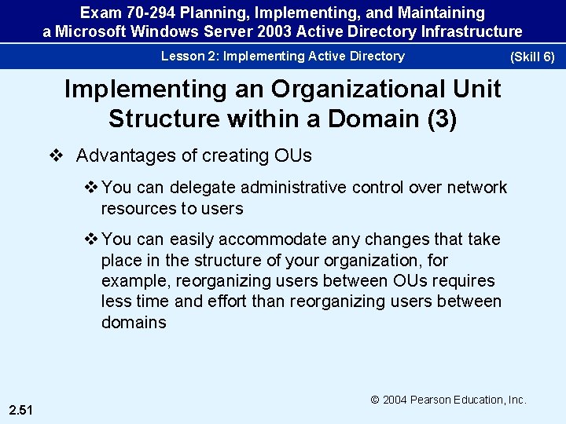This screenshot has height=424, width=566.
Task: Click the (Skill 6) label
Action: click(x=532, y=57)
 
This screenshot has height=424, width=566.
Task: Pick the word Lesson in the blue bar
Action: click(x=182, y=56)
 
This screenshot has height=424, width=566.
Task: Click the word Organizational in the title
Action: click(x=337, y=89)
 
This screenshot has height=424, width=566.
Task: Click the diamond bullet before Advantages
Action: click(x=55, y=155)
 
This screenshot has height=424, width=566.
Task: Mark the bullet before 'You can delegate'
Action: click(x=91, y=188)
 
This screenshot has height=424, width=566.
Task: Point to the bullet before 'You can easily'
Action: click(x=91, y=239)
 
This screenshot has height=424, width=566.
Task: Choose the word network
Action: click(x=476, y=188)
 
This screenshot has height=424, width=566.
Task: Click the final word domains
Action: click(x=134, y=322)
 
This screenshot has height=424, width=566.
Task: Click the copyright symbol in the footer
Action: click(x=375, y=400)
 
